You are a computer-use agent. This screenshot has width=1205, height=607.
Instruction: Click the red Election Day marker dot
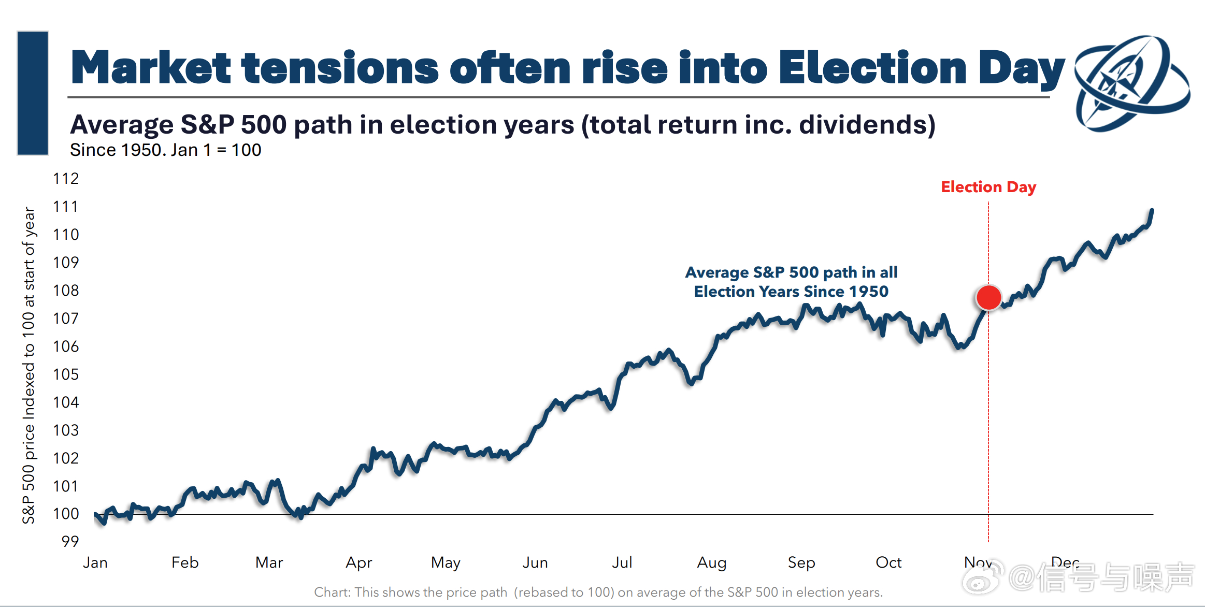pos(988,298)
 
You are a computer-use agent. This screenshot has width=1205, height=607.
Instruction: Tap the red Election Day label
pos(988,187)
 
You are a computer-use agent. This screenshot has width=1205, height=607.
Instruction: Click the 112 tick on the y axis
pos(66,179)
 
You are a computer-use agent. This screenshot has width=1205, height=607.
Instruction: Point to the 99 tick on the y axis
pos(70,541)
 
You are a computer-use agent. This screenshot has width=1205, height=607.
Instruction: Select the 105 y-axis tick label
pos(66,374)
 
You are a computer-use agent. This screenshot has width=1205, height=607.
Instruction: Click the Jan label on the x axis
pos(95,562)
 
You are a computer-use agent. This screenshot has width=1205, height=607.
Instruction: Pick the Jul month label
pos(622,562)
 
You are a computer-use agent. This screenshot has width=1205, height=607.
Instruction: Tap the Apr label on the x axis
pos(358,562)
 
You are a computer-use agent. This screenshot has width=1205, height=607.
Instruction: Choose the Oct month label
pos(888,562)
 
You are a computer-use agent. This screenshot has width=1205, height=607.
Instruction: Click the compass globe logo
pos(1131,83)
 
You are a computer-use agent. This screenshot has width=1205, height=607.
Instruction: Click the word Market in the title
pos(150,68)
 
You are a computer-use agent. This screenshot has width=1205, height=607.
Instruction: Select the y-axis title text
pos(29,365)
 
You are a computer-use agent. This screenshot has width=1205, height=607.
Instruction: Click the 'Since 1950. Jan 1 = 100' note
pos(165,150)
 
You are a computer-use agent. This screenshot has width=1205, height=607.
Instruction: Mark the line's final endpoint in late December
pos(1152,210)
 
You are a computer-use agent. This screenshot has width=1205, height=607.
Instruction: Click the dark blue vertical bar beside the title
pos(33,93)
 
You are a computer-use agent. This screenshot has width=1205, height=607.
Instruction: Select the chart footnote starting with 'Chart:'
pos(598,592)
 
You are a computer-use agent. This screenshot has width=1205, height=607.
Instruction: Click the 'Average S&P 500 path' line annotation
pos(791,282)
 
